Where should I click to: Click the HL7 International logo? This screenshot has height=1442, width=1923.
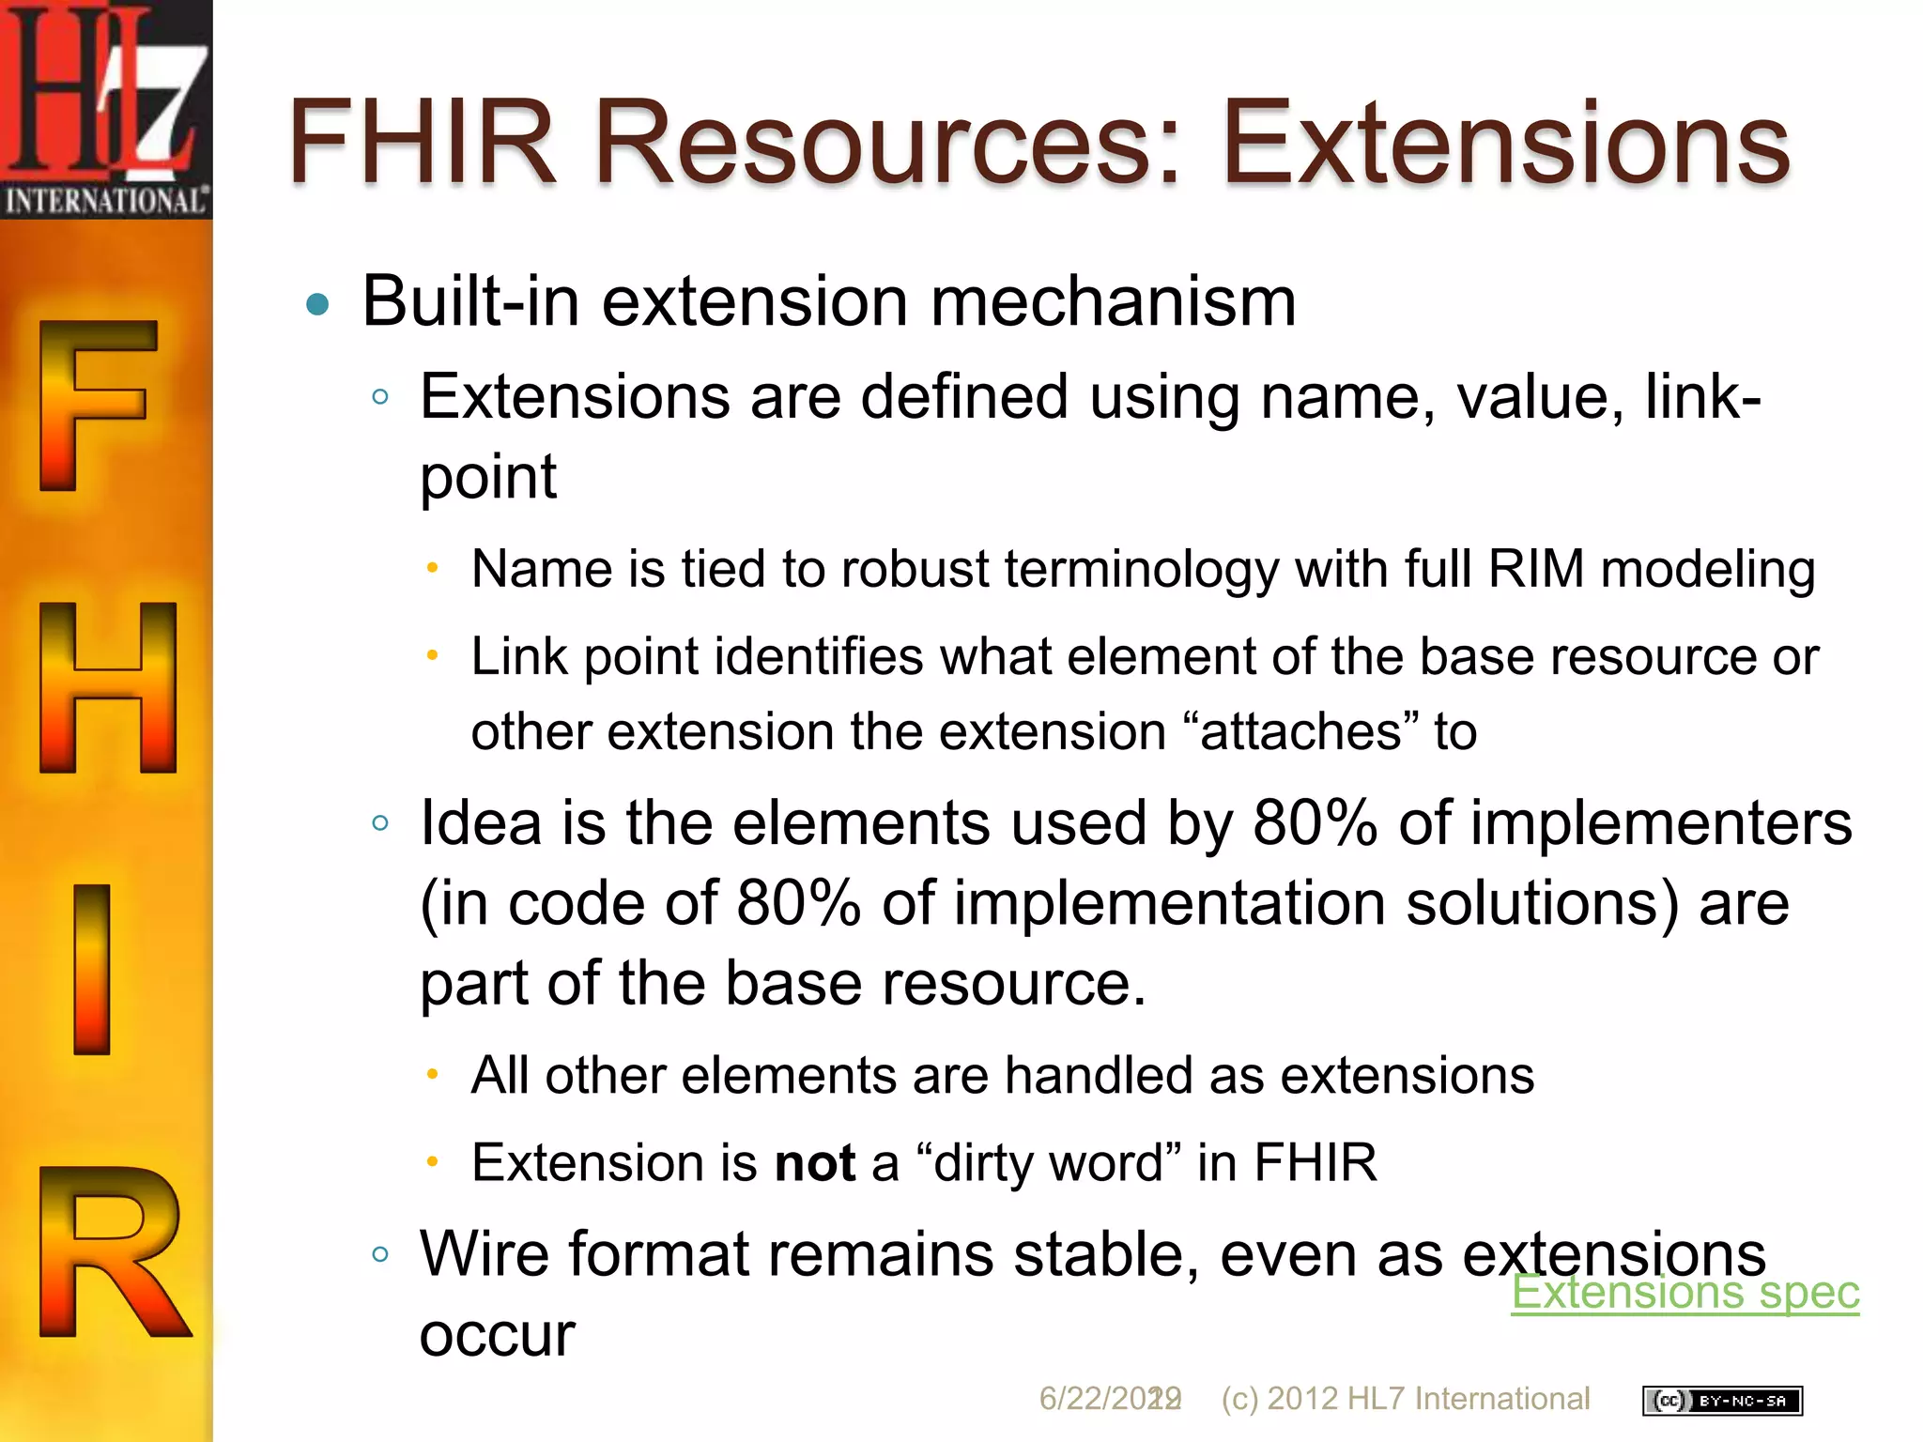[x=105, y=109]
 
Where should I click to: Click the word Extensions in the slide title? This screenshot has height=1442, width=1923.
[x=1505, y=144]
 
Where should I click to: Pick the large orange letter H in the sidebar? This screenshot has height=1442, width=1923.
[x=107, y=687]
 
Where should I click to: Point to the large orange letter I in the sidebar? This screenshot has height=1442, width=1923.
[x=92, y=969]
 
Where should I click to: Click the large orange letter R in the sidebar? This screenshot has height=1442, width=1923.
[x=111, y=1252]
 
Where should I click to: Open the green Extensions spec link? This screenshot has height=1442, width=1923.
[x=1685, y=1292]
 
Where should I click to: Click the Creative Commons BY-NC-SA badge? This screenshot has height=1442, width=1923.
[x=1722, y=1401]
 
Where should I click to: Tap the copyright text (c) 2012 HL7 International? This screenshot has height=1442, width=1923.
[x=1405, y=1399]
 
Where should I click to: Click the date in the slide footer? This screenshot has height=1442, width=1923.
[x=1108, y=1399]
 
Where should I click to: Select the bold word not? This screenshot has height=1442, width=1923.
[x=814, y=1163]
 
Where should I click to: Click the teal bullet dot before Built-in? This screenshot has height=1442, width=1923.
[x=318, y=304]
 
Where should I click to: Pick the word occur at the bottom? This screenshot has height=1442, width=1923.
[x=497, y=1335]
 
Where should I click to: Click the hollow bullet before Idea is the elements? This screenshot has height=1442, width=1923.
[x=379, y=823]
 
